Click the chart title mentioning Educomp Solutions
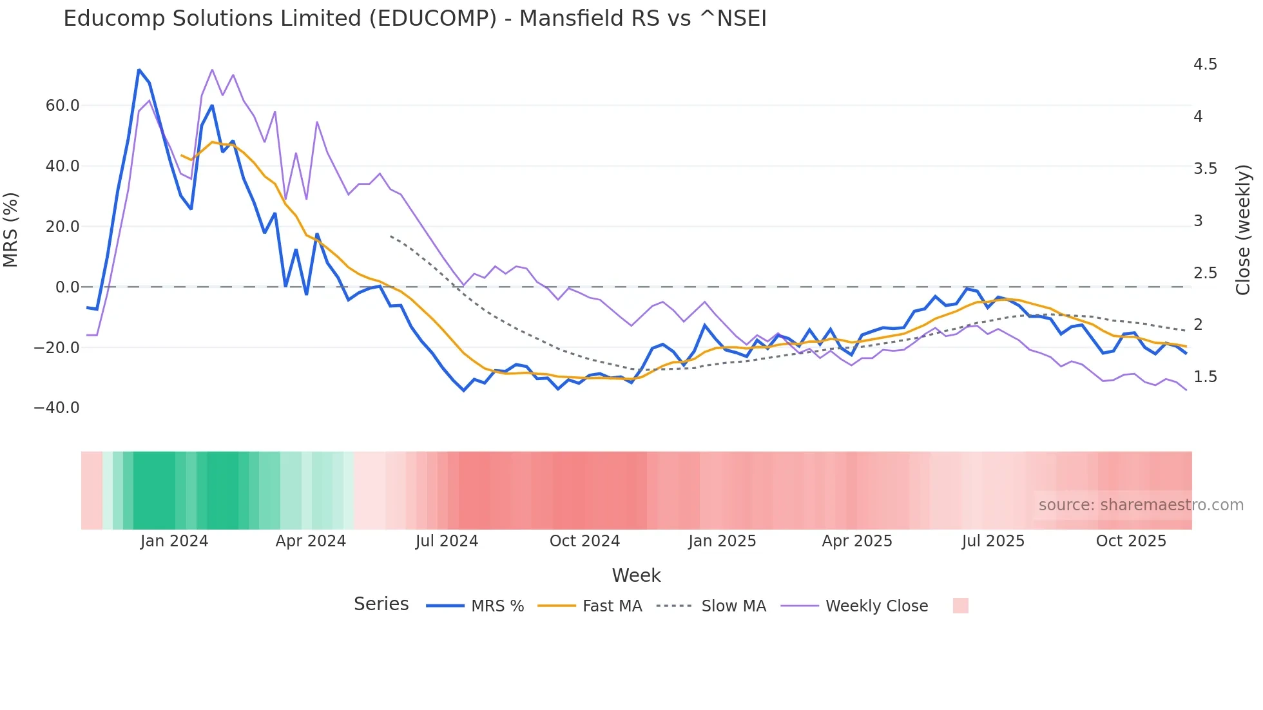tap(415, 19)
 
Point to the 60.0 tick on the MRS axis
tap(63, 106)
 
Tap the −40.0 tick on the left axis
tap(57, 408)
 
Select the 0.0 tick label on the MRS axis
tap(68, 287)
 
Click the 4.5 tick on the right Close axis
tap(1205, 64)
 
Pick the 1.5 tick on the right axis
tap(1205, 377)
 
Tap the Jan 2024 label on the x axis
tap(174, 541)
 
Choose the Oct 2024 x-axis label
tap(584, 541)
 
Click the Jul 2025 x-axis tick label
tap(993, 541)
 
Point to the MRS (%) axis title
tap(11, 230)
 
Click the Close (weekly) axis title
tap(1243, 230)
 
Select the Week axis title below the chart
tap(636, 575)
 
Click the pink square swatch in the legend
tap(960, 606)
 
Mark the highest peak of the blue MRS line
tap(139, 70)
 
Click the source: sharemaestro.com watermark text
tap(1141, 505)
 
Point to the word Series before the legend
tap(381, 604)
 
